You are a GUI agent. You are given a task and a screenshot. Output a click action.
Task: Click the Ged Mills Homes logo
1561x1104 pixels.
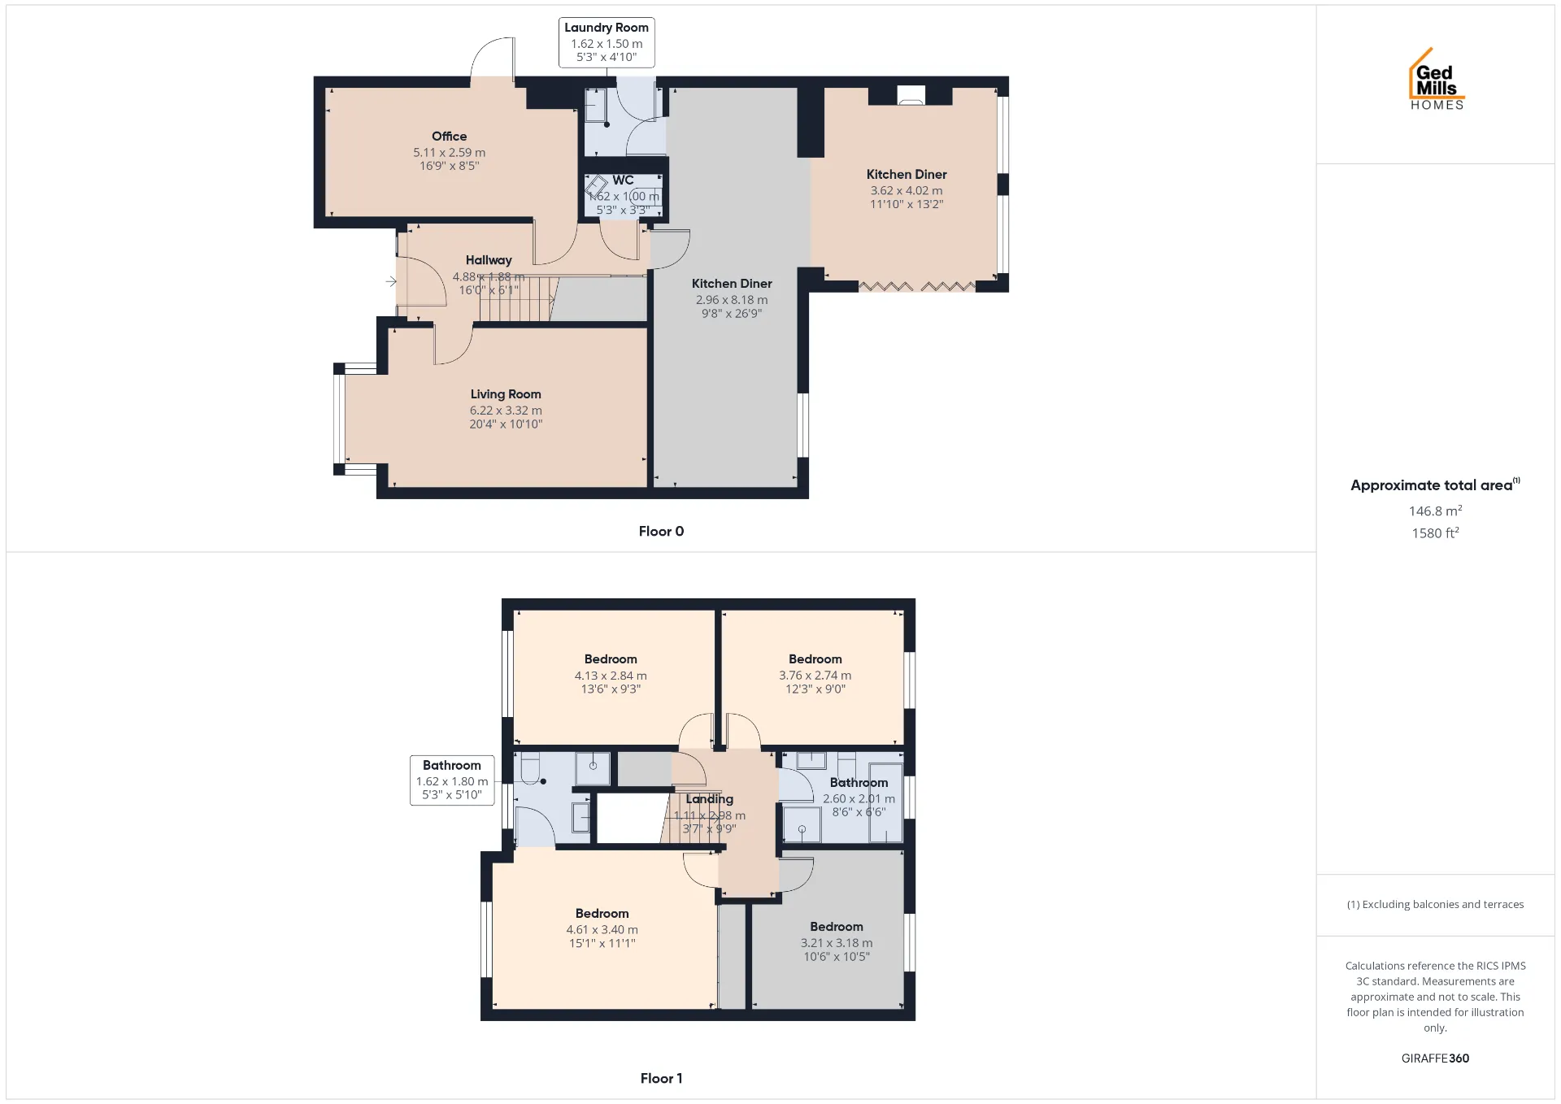pyautogui.click(x=1437, y=79)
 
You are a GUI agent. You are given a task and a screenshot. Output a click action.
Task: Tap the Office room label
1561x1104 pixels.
pyautogui.click(x=450, y=137)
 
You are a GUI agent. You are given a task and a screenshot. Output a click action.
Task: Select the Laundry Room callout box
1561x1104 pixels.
pyautogui.click(x=607, y=42)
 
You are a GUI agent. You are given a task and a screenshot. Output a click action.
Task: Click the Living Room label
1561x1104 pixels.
pyautogui.click(x=506, y=394)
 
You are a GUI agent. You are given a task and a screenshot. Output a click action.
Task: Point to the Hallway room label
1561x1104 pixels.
pyautogui.click(x=489, y=260)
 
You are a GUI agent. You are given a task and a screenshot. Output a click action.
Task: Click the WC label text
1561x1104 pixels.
pyautogui.click(x=624, y=180)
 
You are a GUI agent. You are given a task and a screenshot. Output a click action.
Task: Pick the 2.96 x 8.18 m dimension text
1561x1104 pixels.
pyautogui.click(x=732, y=300)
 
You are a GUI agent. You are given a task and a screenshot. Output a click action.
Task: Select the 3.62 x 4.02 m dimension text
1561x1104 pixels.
pyautogui.click(x=907, y=191)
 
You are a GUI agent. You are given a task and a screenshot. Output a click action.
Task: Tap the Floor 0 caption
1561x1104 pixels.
pyautogui.click(x=661, y=532)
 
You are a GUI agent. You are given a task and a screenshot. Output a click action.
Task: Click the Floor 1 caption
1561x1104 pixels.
pyautogui.click(x=661, y=1079)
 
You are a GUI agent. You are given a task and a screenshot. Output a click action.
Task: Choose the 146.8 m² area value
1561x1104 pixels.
pyautogui.click(x=1435, y=511)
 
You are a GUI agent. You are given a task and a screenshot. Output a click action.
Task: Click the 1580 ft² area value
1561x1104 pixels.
pyautogui.click(x=1435, y=533)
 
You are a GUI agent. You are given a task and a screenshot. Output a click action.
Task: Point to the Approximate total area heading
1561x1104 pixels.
pyautogui.click(x=1435, y=485)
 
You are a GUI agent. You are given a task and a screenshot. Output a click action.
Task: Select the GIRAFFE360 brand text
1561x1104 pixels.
pyautogui.click(x=1435, y=1058)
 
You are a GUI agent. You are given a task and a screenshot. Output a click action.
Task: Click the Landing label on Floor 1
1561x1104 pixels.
pyautogui.click(x=709, y=799)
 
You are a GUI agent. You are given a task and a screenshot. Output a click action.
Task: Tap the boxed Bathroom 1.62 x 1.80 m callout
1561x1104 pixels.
pyautogui.click(x=452, y=780)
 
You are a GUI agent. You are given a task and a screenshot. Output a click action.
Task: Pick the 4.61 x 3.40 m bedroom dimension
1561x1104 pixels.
pyautogui.click(x=602, y=930)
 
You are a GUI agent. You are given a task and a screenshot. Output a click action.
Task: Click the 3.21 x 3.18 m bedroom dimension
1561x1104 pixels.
pyautogui.click(x=837, y=943)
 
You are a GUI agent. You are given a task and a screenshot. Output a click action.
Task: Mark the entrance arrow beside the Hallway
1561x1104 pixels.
pyautogui.click(x=391, y=281)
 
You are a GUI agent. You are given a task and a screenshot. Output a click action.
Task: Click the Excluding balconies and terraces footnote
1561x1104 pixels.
pyautogui.click(x=1435, y=905)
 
